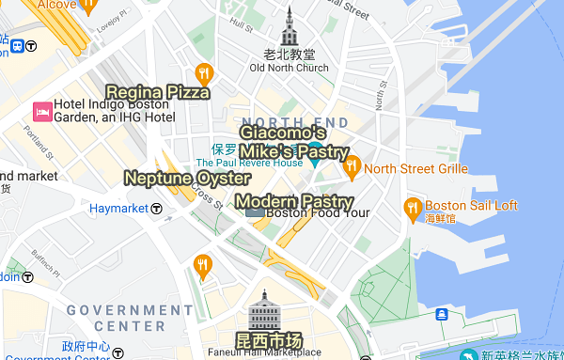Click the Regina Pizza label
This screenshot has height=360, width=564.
click(158, 91)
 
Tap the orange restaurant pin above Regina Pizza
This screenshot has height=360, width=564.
click(203, 72)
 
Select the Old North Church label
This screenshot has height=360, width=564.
click(289, 68)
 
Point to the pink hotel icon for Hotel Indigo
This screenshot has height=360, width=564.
click(42, 111)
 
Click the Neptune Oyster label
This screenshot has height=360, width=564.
click(187, 178)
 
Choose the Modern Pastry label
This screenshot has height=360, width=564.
click(294, 201)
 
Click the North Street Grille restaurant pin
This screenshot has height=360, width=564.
click(352, 168)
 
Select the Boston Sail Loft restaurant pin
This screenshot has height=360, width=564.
click(412, 206)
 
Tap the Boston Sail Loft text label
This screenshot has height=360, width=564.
click(471, 206)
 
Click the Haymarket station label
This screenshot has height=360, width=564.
click(118, 208)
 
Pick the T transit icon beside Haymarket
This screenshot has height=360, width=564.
click(156, 208)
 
